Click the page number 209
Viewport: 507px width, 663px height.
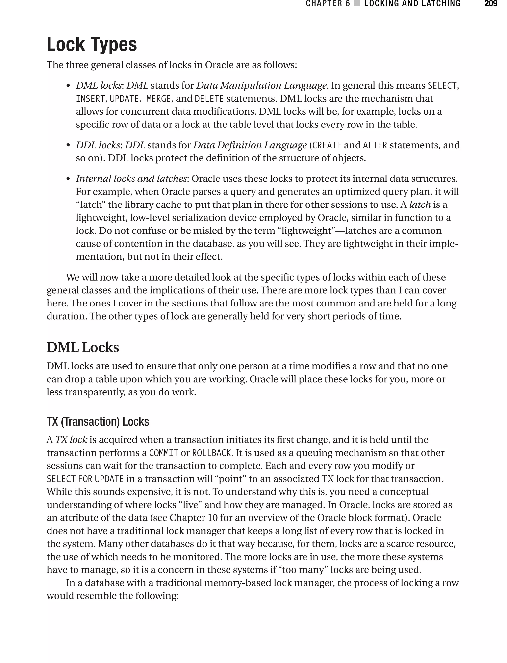point(491,4)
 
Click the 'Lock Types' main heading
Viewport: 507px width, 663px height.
point(92,44)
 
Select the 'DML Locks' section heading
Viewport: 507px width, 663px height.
point(83,347)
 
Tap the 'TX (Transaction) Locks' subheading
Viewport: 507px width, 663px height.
point(98,422)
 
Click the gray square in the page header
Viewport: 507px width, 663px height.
point(357,4)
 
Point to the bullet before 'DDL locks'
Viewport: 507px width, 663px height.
point(68,146)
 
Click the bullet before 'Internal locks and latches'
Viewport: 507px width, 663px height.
point(68,179)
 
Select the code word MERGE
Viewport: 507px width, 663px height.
point(158,99)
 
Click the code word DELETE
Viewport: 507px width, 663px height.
point(209,99)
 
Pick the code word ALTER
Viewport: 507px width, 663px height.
point(375,146)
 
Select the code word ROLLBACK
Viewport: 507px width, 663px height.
point(212,453)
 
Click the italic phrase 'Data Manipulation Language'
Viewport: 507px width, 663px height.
point(261,86)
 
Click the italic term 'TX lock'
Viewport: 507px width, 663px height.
point(71,440)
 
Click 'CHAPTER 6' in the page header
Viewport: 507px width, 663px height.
point(328,4)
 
